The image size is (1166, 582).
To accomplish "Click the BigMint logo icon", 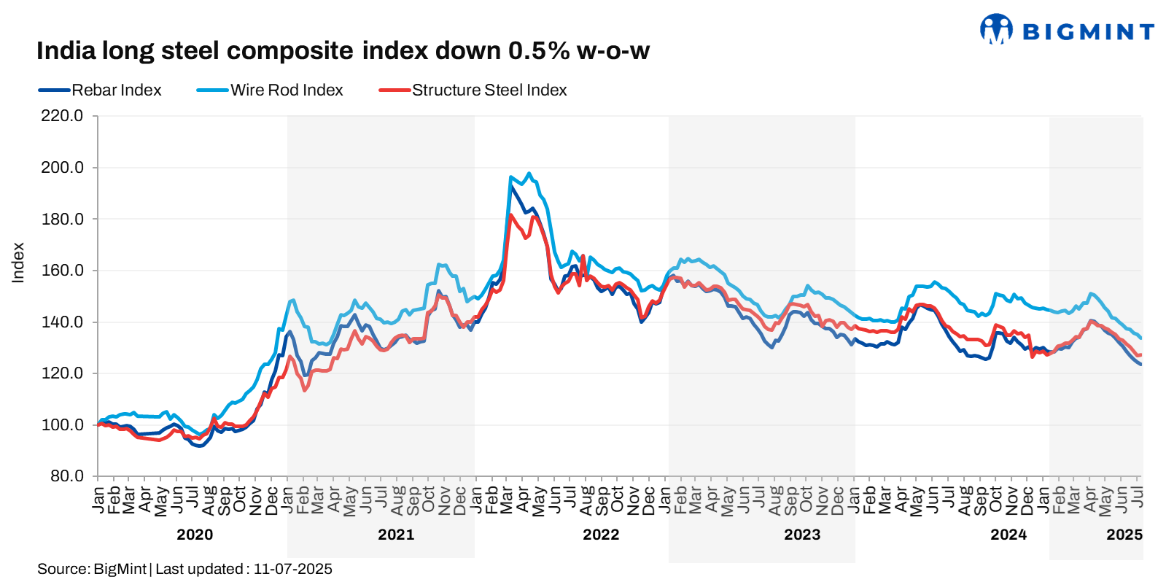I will click(x=996, y=29).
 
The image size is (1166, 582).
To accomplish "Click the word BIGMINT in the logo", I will click(x=1089, y=32).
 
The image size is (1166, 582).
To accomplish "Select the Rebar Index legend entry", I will click(x=116, y=90).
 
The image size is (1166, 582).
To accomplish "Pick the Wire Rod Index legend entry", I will click(x=287, y=90).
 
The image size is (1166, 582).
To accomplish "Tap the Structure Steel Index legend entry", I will click(x=489, y=90).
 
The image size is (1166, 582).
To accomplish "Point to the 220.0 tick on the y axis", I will click(x=62, y=116).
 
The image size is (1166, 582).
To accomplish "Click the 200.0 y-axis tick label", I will click(x=62, y=168).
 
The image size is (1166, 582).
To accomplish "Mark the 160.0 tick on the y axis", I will click(x=62, y=271).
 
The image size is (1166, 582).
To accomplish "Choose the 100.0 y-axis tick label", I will click(x=62, y=424).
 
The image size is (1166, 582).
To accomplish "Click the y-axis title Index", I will click(x=18, y=263).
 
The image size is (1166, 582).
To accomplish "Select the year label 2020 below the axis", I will click(x=195, y=535).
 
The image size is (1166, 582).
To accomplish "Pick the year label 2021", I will click(x=396, y=535).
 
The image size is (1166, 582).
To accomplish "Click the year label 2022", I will click(x=601, y=535).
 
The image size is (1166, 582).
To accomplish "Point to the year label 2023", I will click(x=802, y=535).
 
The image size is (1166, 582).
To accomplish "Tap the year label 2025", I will click(x=1124, y=535).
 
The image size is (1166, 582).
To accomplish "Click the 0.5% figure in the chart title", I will click(x=539, y=51).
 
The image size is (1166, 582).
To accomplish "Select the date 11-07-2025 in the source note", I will click(x=292, y=569).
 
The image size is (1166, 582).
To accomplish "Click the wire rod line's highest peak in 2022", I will click(x=529, y=174).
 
